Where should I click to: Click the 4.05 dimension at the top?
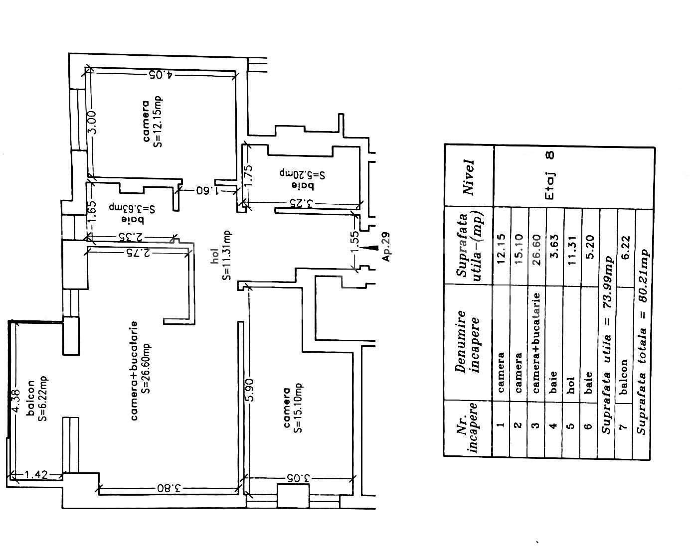coord(161,75)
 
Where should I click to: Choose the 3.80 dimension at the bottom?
coord(168,488)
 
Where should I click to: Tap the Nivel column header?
coord(468,177)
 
